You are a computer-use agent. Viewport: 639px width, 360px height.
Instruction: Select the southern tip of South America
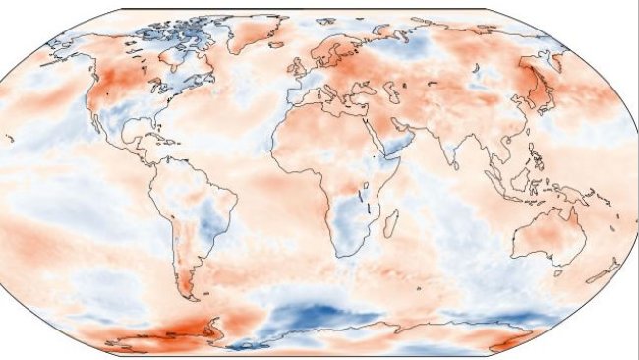[x=193, y=297]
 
